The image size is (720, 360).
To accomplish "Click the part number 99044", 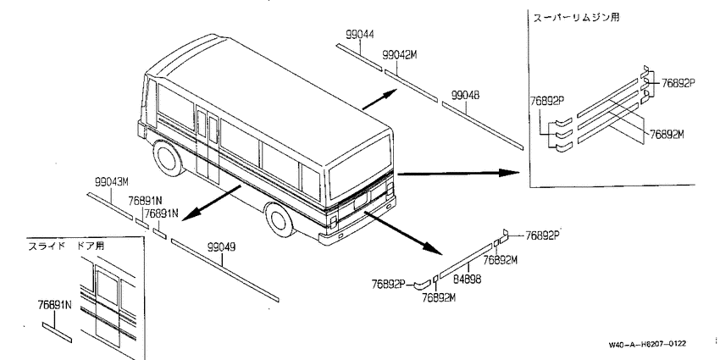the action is tap(359, 35).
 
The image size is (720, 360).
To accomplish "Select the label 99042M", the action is tap(400, 55).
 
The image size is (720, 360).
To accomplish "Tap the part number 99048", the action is tap(465, 96).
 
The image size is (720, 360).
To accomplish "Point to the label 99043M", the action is tap(112, 182).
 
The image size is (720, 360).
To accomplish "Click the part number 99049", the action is tap(221, 247).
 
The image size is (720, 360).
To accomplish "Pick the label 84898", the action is tap(468, 279).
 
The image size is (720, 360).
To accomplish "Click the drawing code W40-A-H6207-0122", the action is tap(647, 344).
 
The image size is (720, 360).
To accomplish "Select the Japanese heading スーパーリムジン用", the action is tap(576, 18).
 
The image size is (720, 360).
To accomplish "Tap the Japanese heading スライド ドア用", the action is tap(66, 246).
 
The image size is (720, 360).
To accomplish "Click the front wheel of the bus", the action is tap(169, 157).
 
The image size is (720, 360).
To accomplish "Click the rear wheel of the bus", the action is tap(280, 219).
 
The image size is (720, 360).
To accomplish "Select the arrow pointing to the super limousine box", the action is tap(458, 173).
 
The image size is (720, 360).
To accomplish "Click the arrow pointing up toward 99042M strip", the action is tap(379, 99).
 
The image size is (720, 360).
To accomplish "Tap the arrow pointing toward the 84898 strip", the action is tap(402, 233).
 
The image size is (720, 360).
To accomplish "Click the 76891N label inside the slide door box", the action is tap(55, 305).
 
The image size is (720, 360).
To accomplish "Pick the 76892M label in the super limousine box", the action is tap(667, 134).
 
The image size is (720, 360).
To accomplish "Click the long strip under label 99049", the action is tap(225, 270).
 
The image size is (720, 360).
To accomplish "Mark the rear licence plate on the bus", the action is tap(361, 200).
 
